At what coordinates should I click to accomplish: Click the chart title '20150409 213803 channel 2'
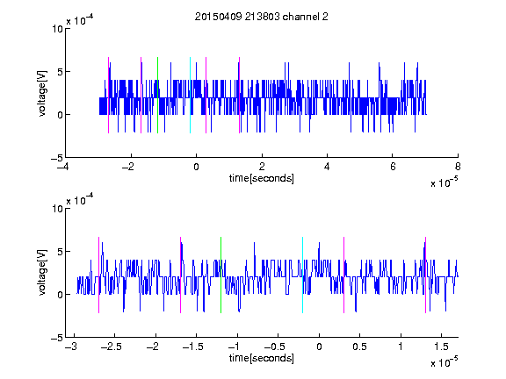point(262,17)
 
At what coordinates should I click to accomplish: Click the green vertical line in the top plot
point(157,95)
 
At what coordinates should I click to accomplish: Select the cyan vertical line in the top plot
point(190,95)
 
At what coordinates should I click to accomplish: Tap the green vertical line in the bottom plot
point(221,275)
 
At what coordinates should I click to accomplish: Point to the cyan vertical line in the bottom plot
point(303,275)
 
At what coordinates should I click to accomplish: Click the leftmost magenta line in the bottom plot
point(98,275)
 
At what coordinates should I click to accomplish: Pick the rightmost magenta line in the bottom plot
point(426,275)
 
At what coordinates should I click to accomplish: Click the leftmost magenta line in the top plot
point(108,95)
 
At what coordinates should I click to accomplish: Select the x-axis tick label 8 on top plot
point(458,167)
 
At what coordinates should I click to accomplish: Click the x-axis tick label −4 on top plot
point(63,167)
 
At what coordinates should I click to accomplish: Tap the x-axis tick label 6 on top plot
point(393,167)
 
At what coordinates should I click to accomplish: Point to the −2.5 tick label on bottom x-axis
point(111,347)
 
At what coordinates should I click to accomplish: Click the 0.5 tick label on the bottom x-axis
point(359,347)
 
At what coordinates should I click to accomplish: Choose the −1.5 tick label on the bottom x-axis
point(192,347)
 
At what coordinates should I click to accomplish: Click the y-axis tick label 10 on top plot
point(57,29)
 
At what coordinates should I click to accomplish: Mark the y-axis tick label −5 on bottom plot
point(57,338)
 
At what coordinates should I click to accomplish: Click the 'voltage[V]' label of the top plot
point(42,93)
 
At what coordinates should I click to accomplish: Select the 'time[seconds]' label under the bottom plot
point(262,358)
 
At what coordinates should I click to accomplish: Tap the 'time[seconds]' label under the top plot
point(262,178)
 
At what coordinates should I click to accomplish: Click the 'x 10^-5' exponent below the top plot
point(445,182)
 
